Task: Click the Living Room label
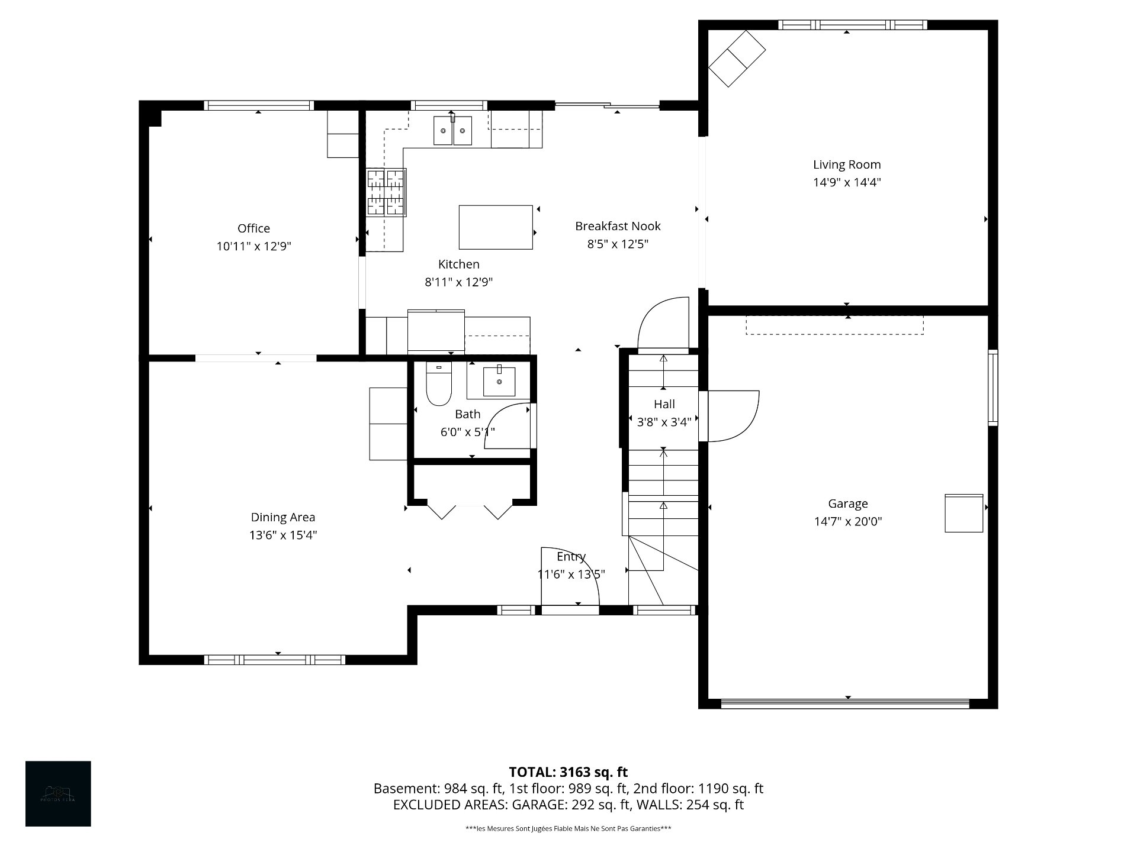pos(846,165)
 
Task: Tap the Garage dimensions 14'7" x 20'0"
pos(847,521)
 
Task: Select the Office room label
pos(253,228)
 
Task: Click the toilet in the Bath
pos(439,385)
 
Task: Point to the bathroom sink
pos(499,382)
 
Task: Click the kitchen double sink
pos(452,131)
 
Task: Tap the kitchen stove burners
pos(386,192)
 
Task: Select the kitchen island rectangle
pos(496,227)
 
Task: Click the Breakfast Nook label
pos(618,226)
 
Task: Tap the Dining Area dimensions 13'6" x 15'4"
pos(283,535)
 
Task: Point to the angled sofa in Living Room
pos(737,59)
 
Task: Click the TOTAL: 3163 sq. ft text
pos(568,772)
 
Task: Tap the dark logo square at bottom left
pos(58,793)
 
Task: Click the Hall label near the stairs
pos(664,404)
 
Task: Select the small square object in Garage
pos(963,513)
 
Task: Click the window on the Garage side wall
pos(993,388)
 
